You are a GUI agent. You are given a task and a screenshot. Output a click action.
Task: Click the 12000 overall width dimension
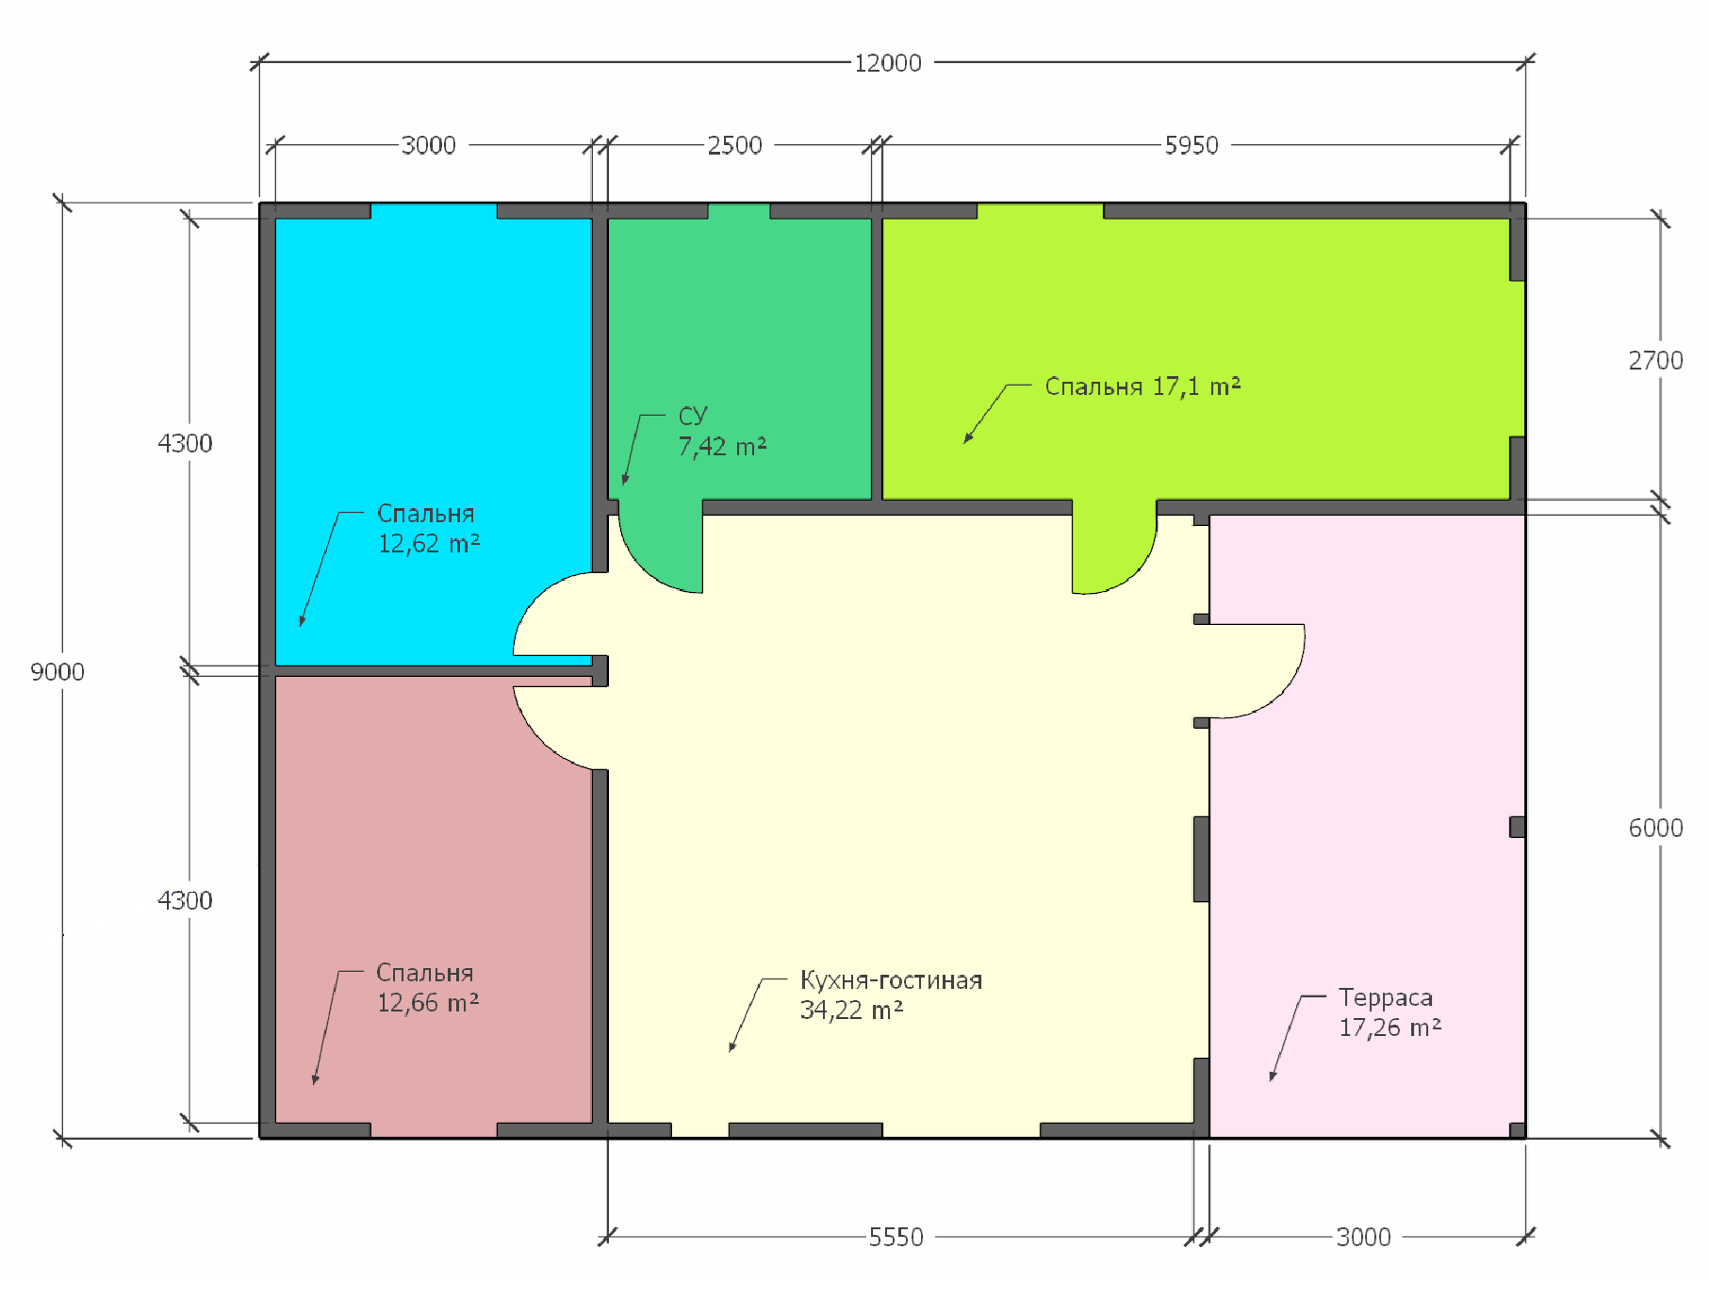click(x=888, y=63)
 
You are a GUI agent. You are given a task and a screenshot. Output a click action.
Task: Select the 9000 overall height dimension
click(x=58, y=672)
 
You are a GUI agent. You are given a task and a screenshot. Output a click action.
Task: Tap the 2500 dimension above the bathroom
click(x=734, y=145)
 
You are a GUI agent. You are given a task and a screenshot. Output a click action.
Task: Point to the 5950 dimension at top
click(x=1191, y=145)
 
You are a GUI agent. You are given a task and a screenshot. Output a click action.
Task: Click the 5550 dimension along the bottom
click(x=896, y=1237)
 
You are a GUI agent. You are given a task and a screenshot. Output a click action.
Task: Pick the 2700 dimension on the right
click(x=1655, y=360)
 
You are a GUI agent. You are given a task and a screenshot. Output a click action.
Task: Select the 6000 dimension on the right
click(x=1655, y=828)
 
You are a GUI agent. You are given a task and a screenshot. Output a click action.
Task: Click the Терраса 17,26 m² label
click(x=1390, y=1012)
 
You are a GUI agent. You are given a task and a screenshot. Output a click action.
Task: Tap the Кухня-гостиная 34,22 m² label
click(x=891, y=995)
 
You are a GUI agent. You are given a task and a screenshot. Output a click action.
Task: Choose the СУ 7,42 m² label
click(x=722, y=431)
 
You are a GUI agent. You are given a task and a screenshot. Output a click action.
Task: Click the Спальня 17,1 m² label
click(x=1142, y=386)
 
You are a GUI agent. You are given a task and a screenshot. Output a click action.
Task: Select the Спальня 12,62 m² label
click(x=429, y=528)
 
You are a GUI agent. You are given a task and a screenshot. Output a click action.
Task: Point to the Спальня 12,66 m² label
click(x=428, y=987)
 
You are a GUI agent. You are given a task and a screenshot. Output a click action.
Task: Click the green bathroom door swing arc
click(x=645, y=567)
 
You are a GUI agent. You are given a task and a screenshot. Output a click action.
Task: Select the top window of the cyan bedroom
click(x=434, y=210)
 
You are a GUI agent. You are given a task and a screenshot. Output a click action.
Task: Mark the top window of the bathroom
click(x=739, y=210)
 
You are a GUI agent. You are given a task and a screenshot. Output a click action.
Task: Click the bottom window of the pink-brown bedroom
click(x=434, y=1130)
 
